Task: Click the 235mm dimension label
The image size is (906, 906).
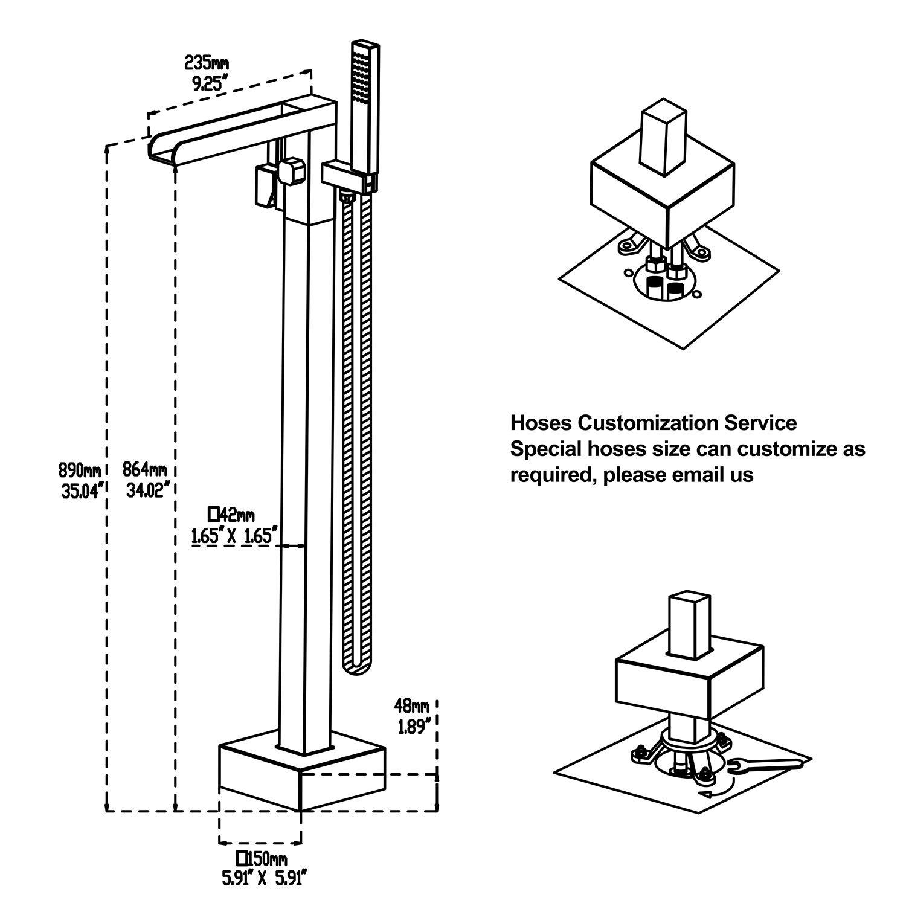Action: [206, 62]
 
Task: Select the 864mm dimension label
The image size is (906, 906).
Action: [146, 469]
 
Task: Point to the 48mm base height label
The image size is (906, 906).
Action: [411, 705]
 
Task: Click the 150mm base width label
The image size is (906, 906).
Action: [262, 858]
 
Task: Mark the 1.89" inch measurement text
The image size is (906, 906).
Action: [414, 727]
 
